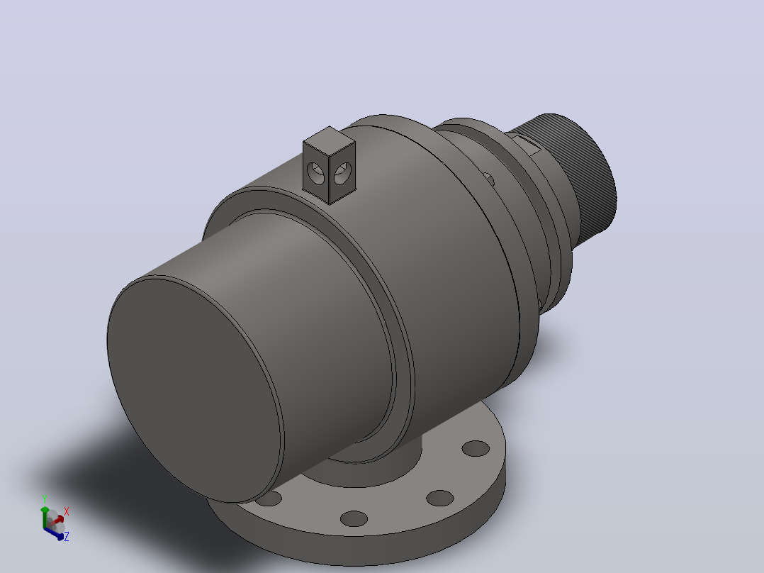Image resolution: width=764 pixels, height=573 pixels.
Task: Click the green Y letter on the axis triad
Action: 45,500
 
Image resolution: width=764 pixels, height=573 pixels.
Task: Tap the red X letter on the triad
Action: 67,511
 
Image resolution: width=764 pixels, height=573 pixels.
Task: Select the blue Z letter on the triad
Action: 67,536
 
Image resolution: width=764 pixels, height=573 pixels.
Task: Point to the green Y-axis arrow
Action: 45,517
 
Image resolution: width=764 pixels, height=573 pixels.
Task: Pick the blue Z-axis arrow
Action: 54,533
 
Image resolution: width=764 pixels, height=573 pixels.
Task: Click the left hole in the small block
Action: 316,173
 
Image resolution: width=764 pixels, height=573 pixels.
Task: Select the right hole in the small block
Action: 342,173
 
